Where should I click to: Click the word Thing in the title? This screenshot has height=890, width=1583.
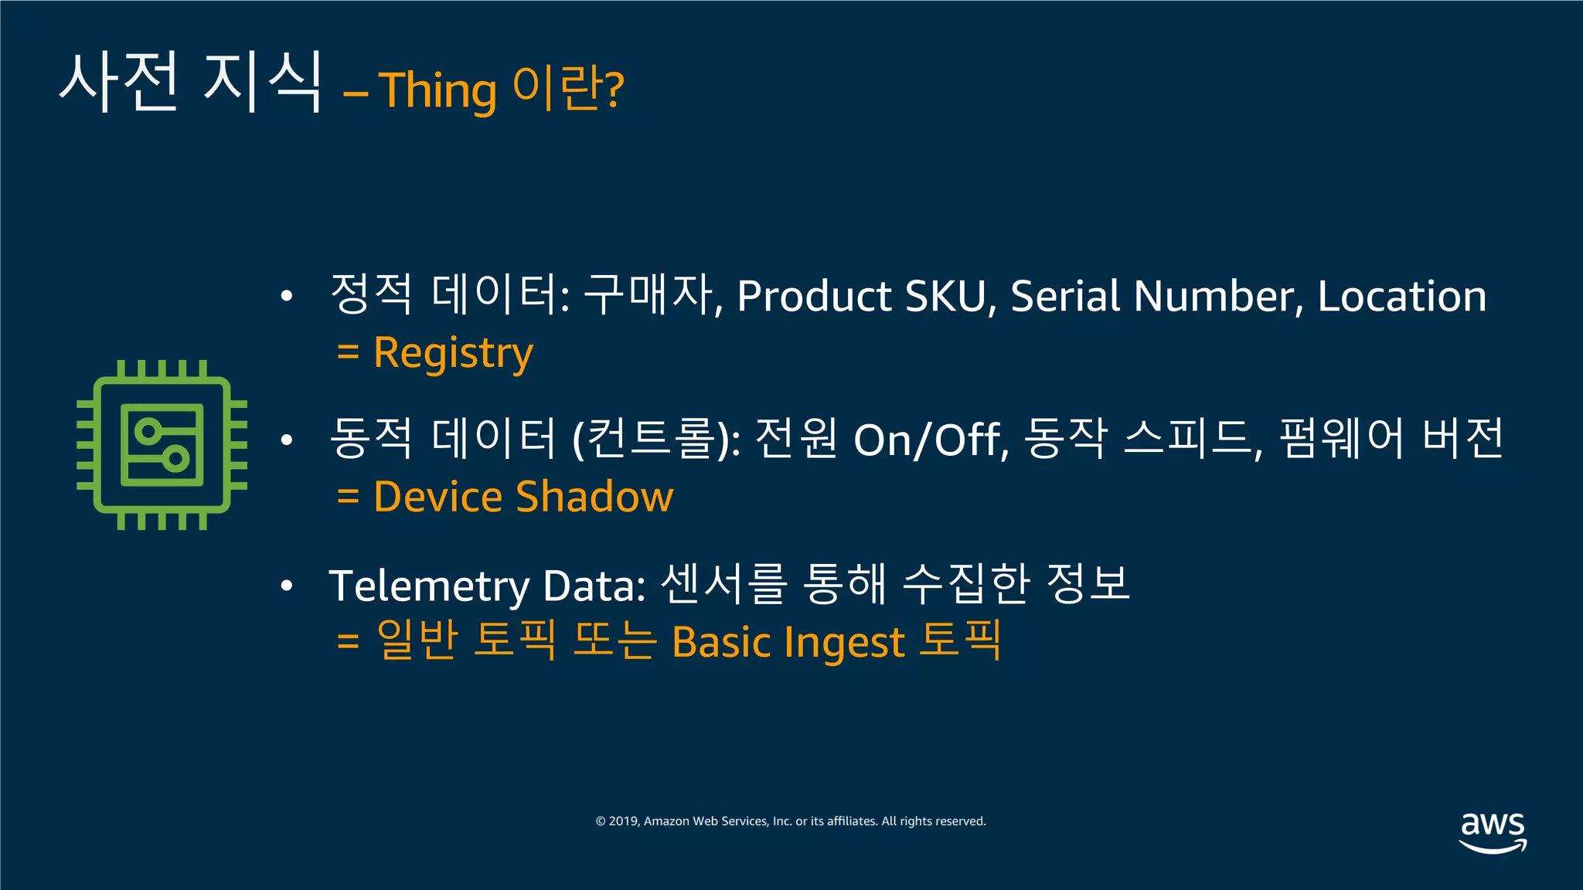tap(437, 91)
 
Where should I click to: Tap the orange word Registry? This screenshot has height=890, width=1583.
tap(453, 353)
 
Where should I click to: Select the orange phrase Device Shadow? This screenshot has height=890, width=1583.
tap(523, 496)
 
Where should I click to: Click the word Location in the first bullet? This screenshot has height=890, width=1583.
tap(1401, 296)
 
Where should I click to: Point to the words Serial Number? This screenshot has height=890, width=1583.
tap(1151, 296)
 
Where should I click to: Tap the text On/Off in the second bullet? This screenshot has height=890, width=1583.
tap(929, 440)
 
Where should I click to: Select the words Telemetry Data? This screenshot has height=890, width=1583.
tap(487, 585)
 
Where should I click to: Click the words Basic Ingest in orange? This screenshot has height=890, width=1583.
tap(788, 642)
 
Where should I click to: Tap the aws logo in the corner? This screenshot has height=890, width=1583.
tap(1493, 831)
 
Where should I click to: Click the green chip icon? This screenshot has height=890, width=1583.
tap(162, 445)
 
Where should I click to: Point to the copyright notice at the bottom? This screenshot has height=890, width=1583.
tap(791, 821)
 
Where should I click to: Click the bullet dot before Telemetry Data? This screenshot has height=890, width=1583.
tap(287, 586)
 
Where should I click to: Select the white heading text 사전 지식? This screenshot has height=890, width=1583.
tap(190, 81)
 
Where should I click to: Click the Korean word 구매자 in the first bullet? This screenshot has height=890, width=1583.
tap(648, 294)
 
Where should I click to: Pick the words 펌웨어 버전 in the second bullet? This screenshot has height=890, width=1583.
tap(1391, 438)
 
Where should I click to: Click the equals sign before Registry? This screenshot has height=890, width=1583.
tap(348, 353)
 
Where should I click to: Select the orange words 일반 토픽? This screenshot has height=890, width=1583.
tap(466, 640)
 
